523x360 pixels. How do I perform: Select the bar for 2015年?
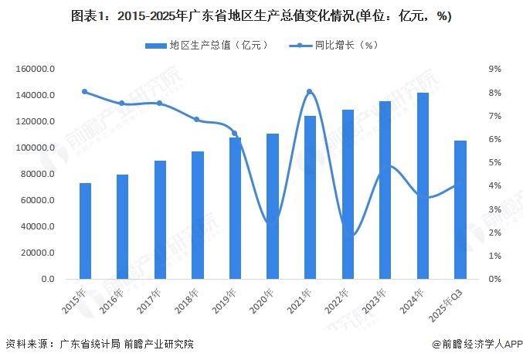click(85, 231)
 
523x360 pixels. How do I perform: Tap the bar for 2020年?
click(273, 206)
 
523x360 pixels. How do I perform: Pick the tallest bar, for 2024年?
click(423, 185)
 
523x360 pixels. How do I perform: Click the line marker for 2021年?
click(310, 92)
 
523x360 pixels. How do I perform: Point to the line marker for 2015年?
click(85, 92)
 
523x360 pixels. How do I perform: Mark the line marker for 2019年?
click(235, 134)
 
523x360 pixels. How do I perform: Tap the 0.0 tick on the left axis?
click(47, 279)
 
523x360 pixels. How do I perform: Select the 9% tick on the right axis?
click(495, 69)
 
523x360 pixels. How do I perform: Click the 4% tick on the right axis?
click(495, 185)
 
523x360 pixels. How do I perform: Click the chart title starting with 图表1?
click(261, 15)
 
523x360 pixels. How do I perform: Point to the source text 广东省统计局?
click(86, 344)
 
